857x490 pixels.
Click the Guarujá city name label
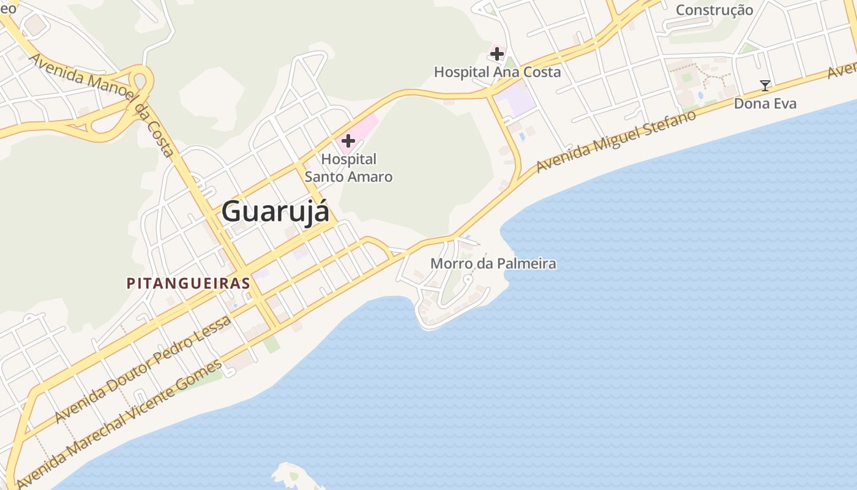coord(275,212)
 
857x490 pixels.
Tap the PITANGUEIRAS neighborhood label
coord(188,284)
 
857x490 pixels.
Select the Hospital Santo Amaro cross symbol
coord(348,141)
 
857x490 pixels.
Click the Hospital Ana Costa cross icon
coord(497,54)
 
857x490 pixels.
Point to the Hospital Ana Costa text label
coord(497,72)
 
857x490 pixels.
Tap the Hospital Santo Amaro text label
coord(348,168)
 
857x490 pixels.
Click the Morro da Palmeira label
coord(493,264)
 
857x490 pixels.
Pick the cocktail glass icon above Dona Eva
coord(765,86)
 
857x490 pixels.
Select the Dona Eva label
coord(765,104)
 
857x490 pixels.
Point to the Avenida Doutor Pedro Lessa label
coord(143,369)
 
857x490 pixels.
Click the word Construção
coord(714,10)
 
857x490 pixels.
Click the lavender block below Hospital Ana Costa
coord(515,98)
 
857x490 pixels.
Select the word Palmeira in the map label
coord(526,264)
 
